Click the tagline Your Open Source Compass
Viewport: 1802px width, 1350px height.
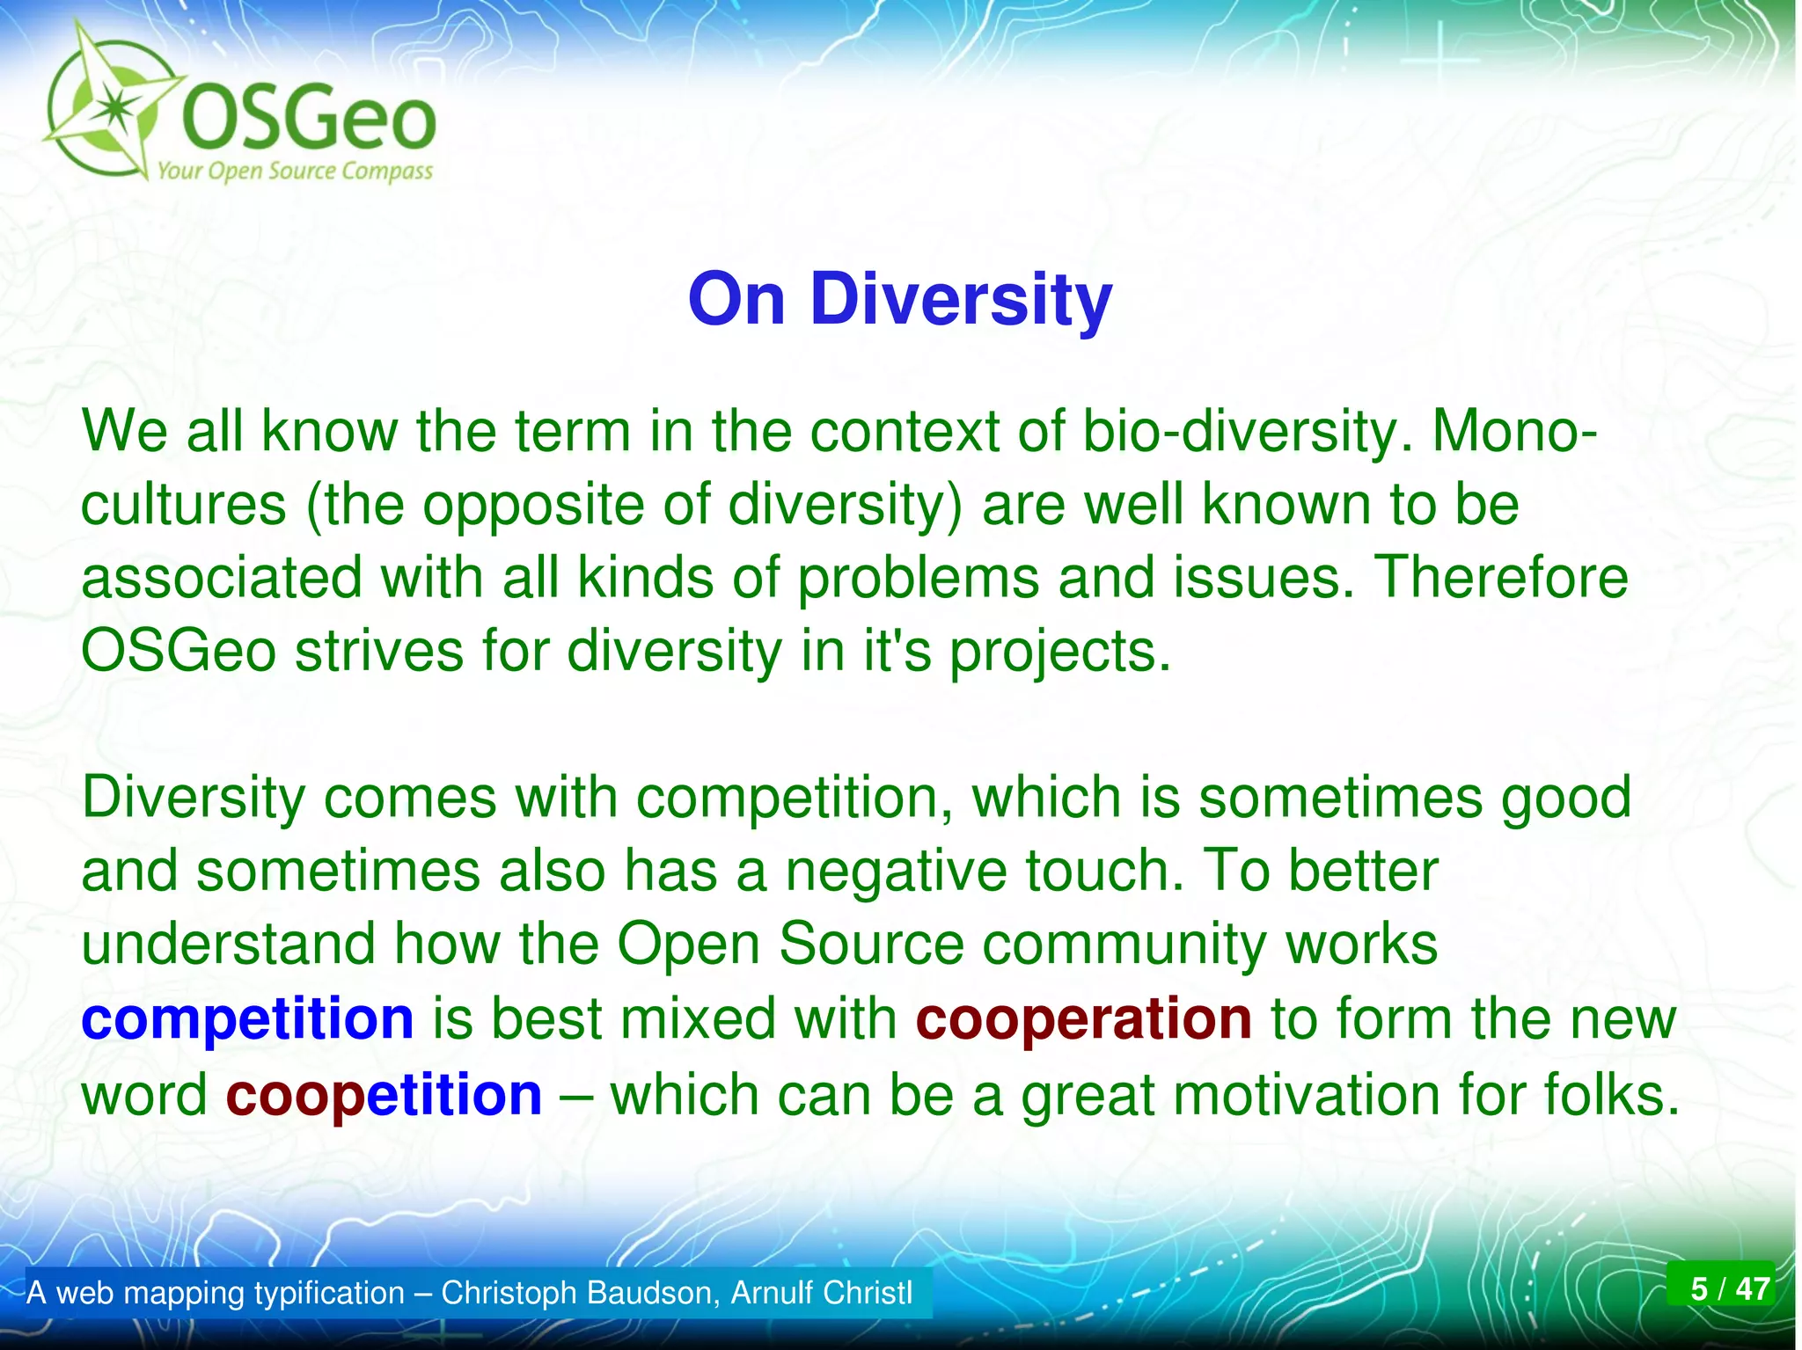(x=295, y=171)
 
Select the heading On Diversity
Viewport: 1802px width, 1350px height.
(x=900, y=300)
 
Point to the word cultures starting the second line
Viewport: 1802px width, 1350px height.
(x=184, y=505)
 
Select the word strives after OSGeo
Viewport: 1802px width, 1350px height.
(x=379, y=652)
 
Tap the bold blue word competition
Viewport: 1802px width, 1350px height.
(x=247, y=1019)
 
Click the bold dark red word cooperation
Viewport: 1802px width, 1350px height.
(x=1083, y=1019)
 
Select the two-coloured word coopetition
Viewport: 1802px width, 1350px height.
(x=384, y=1096)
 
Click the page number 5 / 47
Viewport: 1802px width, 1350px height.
(x=1719, y=1289)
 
